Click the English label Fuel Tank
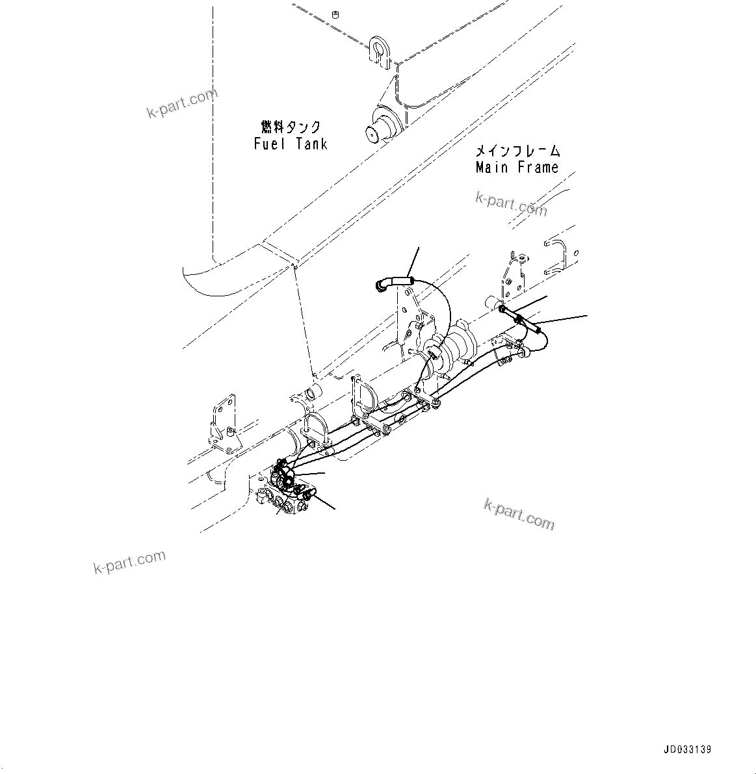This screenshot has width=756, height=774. pos(291,144)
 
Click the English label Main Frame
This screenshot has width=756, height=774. pos(517,168)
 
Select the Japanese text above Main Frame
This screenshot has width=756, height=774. pos(517,151)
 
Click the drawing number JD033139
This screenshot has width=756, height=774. pos(688,749)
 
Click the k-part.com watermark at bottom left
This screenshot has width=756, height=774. pos(130,561)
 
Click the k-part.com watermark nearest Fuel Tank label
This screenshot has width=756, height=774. pos(181,104)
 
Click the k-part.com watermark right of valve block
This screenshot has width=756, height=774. pos(519,513)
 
